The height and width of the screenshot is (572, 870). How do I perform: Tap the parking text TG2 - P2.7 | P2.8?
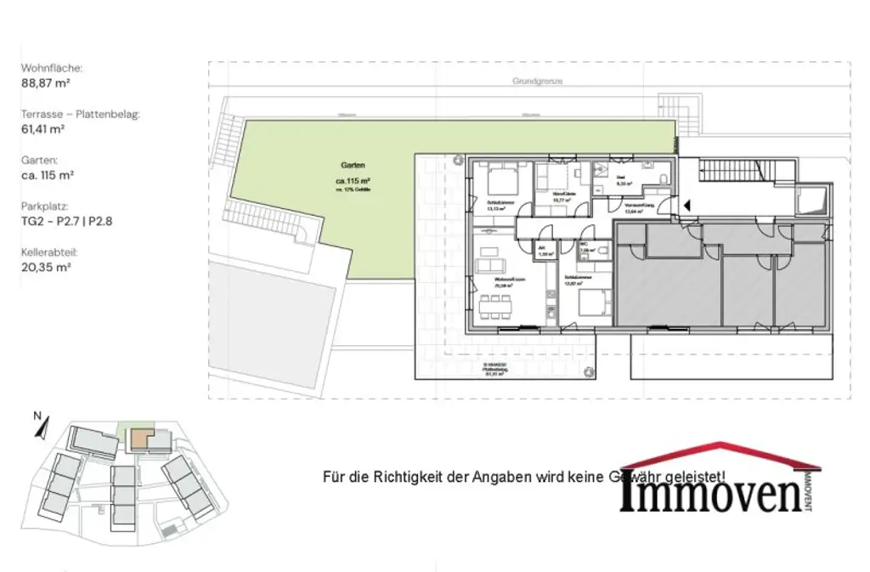(x=67, y=221)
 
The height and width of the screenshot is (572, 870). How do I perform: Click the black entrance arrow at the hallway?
(x=687, y=205)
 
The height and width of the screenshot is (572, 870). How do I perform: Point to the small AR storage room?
(x=543, y=251)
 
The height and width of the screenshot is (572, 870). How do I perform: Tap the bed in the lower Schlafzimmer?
(x=591, y=303)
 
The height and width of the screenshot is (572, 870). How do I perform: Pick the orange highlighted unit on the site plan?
(x=138, y=439)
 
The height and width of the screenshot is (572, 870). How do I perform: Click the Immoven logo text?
(x=710, y=494)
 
